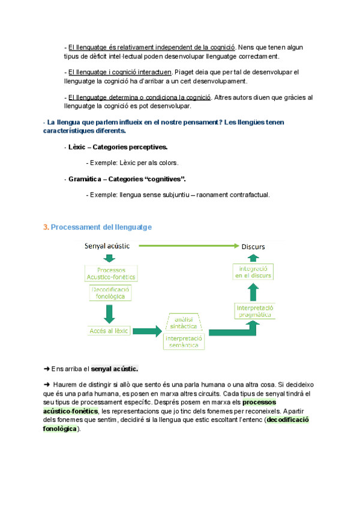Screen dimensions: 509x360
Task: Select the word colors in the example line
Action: pos(168,163)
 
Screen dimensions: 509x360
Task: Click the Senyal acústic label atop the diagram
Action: pos(107,245)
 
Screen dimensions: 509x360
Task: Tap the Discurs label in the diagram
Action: pos(253,246)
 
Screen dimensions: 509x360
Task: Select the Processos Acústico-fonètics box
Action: pos(111,274)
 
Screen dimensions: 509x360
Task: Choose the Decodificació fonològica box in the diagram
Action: pos(111,292)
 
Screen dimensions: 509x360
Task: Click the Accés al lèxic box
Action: pos(109,331)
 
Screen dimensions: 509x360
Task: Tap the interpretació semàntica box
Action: pos(184,342)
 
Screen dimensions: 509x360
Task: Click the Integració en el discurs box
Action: pos(253,271)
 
